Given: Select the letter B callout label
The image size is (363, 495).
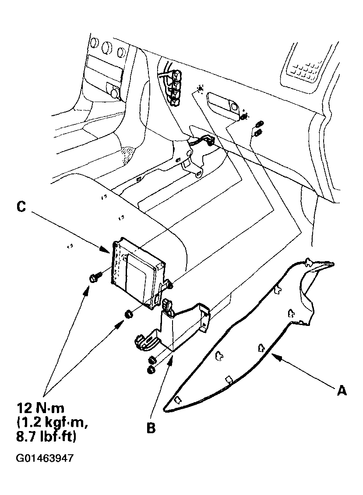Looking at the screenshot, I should [151, 428].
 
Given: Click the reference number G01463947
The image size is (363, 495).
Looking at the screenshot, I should [45, 459].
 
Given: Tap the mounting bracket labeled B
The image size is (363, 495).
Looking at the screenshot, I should [180, 326].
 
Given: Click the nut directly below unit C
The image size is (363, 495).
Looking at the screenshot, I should [129, 314].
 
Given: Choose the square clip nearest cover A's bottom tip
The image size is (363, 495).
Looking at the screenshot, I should [177, 399].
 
